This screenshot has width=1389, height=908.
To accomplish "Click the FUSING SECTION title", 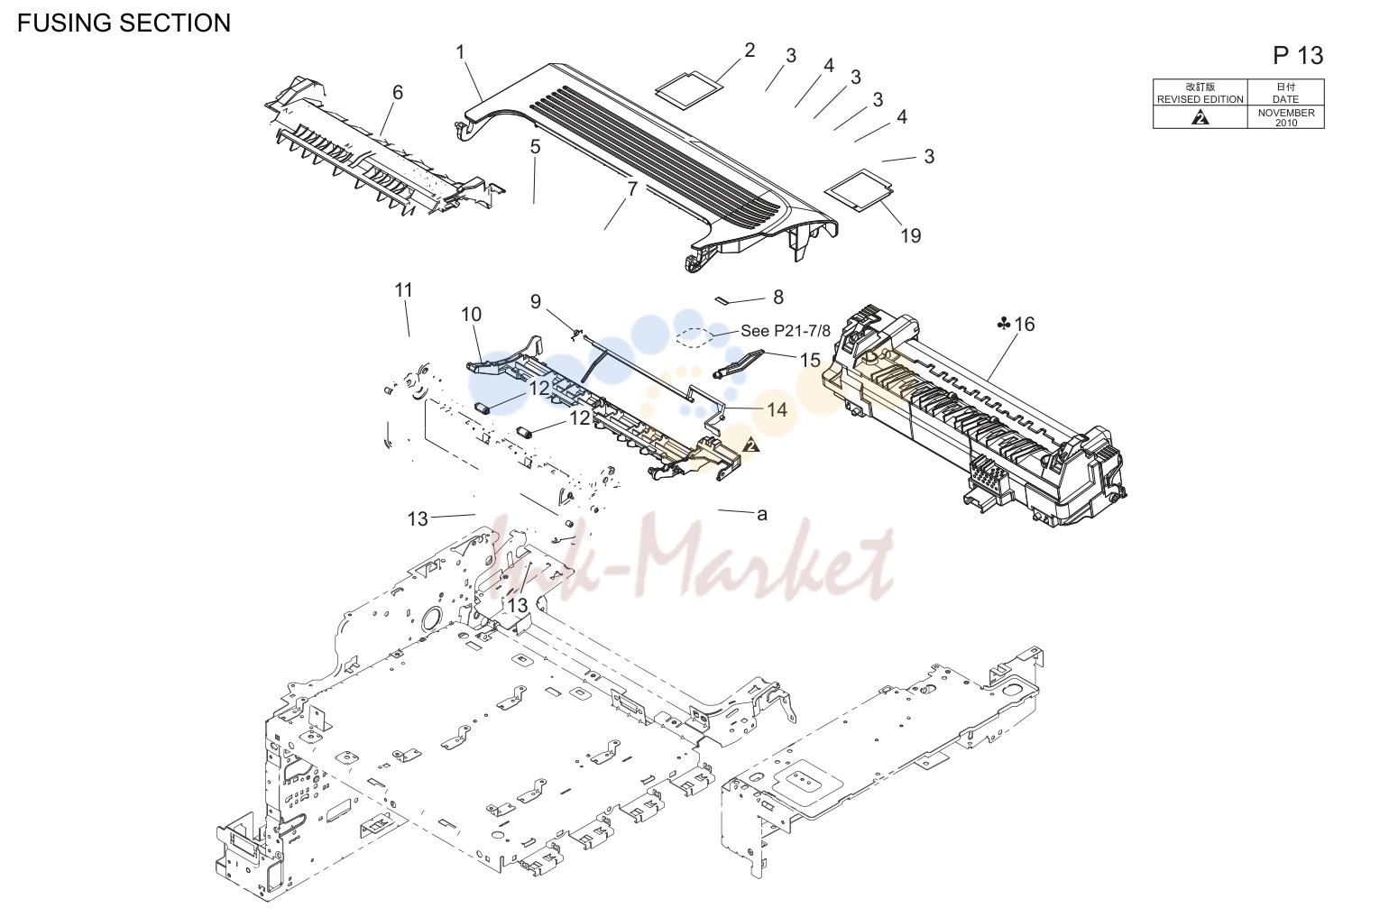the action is coord(124,23).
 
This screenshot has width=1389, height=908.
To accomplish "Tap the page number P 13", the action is coord(1298,56).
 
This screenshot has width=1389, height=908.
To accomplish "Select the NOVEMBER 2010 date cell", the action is coord(1286,117).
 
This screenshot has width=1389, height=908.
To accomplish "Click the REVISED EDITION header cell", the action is coord(1200,92).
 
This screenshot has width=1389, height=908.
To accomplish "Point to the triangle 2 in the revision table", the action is coord(1200,117).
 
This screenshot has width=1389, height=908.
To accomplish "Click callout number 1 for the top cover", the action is coord(460,52).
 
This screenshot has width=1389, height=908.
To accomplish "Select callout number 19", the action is coord(910,235).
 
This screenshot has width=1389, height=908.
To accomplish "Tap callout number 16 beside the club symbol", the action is coord(1025,324).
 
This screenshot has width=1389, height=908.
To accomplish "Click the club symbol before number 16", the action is coord(1004,324).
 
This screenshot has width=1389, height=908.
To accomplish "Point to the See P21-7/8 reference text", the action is coord(786,331).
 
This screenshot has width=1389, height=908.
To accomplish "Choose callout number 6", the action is coord(398,92).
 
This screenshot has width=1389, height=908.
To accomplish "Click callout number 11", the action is coord(404,289).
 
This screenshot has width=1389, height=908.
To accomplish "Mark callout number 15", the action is coord(810,360).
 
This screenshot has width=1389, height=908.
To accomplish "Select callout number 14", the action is coord(777,409).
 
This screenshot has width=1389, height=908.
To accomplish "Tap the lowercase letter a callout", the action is coord(762,515).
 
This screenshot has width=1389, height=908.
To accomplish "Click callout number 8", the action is coord(778,297).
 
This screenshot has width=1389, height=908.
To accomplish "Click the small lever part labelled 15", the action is coord(739,363).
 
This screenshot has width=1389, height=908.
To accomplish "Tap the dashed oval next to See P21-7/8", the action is coord(695,337).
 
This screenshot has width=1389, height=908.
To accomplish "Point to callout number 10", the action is coord(471,314).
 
